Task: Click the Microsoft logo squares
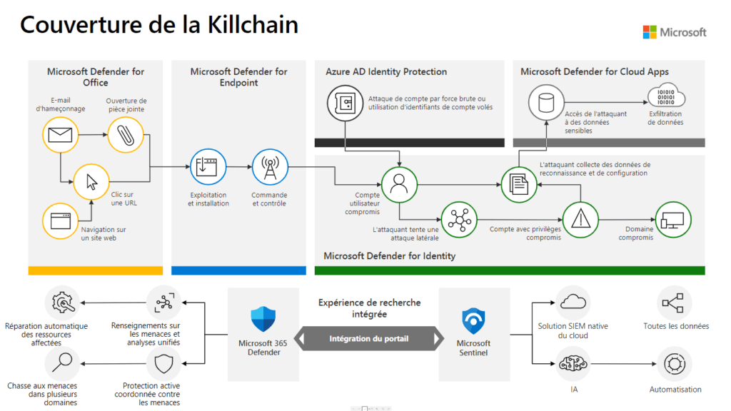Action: pyautogui.click(x=650, y=32)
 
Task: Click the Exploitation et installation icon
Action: pyautogui.click(x=206, y=168)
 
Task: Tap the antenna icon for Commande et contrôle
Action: pyautogui.click(x=269, y=168)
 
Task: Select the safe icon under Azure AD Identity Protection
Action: pyautogui.click(x=345, y=103)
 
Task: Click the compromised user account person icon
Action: pyautogui.click(x=398, y=183)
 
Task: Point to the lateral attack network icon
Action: pyautogui.click(x=458, y=220)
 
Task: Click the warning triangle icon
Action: pyautogui.click(x=580, y=220)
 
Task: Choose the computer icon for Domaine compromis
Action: pyautogui.click(x=672, y=220)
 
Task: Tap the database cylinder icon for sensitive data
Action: pyautogui.click(x=546, y=103)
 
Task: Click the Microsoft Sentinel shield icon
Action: pyautogui.click(x=474, y=321)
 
